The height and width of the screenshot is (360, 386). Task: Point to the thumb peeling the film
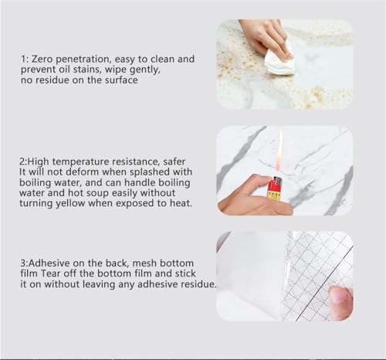tap(340, 299)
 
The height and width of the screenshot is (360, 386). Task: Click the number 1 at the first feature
tap(24, 58)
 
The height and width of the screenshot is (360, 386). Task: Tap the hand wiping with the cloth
tap(266, 35)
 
